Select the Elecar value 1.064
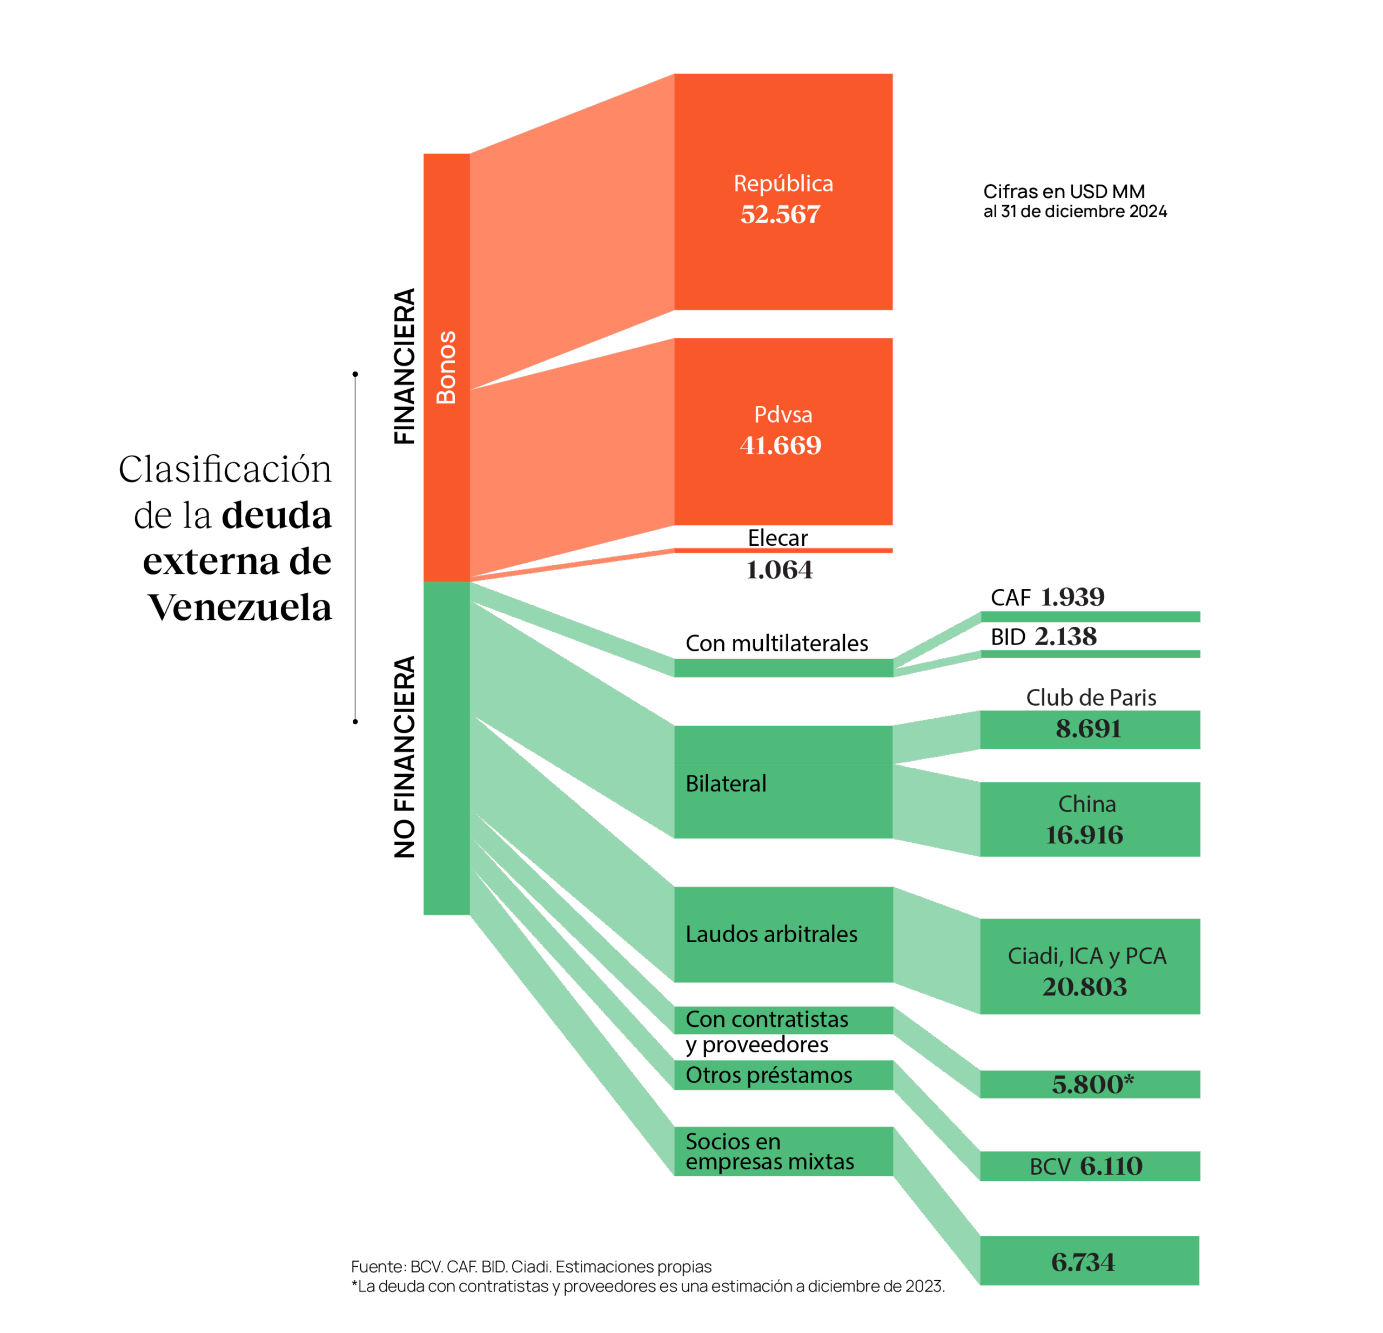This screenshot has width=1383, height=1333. tap(779, 570)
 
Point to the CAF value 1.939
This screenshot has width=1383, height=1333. tap(1072, 597)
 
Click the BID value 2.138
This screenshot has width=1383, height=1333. tap(1065, 637)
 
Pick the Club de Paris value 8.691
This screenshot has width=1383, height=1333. tap(1087, 728)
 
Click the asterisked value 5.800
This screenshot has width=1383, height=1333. tap(1092, 1084)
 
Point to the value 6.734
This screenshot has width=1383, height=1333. tap(1083, 1262)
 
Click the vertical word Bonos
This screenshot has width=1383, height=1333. tap(446, 367)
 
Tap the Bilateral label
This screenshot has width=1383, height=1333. tap(726, 783)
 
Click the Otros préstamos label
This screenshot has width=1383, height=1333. tap(768, 1075)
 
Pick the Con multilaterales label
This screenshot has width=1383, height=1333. tap(776, 643)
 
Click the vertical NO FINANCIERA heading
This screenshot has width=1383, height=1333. tap(404, 757)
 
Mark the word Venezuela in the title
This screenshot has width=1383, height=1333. tap(239, 607)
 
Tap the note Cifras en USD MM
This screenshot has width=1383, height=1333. tap(1063, 191)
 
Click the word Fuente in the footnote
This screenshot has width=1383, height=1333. tap(377, 1267)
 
